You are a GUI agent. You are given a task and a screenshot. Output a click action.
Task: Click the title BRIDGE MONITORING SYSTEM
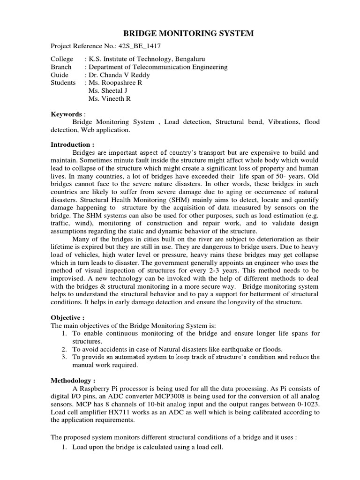point(188,33)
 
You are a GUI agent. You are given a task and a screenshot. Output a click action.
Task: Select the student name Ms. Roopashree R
point(115,82)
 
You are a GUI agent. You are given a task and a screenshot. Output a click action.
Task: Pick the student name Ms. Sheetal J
point(108,90)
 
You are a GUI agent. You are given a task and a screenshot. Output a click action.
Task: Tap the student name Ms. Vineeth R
point(110,98)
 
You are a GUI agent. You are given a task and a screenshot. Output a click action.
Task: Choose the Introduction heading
point(73,144)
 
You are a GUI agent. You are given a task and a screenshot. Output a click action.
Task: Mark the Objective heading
point(67,317)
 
